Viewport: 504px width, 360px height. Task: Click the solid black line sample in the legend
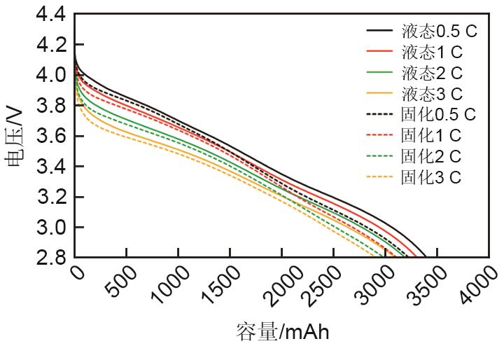[379, 31]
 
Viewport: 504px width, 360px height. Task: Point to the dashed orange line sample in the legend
[379, 177]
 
